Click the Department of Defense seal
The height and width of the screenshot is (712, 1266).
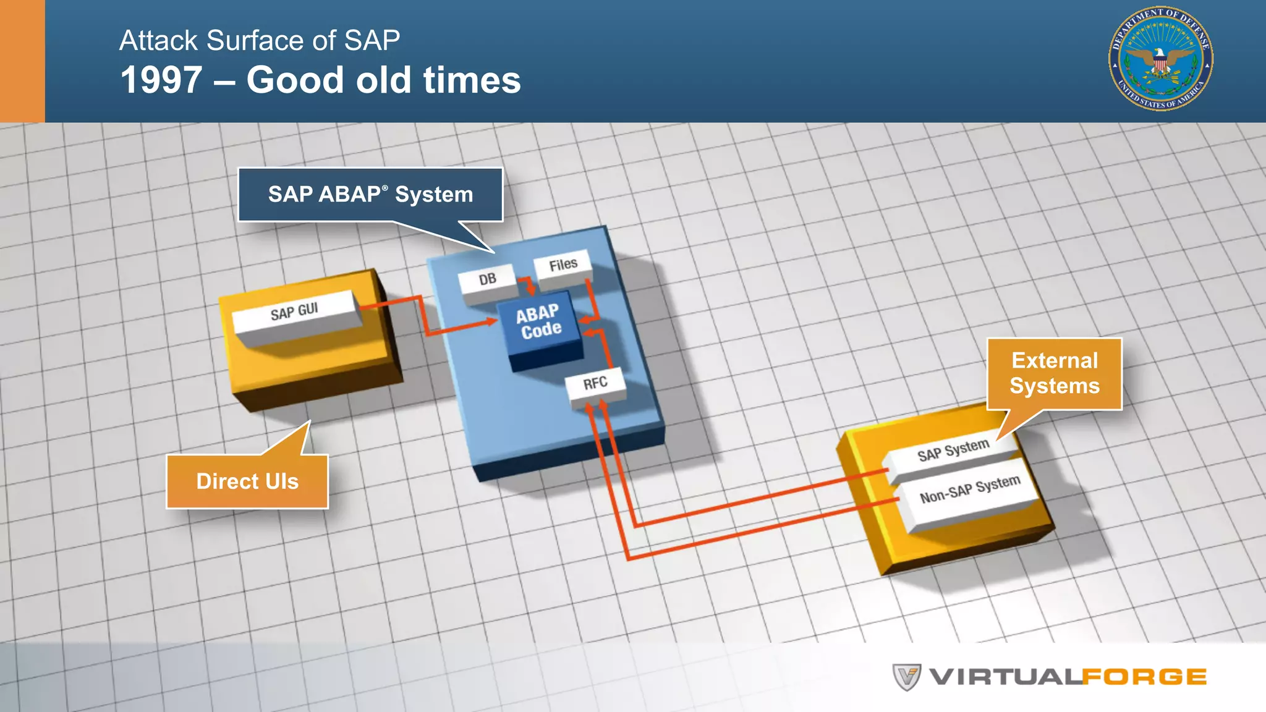(1160, 59)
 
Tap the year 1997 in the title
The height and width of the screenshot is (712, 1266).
(161, 80)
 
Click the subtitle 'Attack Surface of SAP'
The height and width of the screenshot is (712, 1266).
(260, 41)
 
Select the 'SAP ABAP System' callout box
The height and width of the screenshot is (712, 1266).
(370, 195)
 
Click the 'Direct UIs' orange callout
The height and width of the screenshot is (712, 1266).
(247, 481)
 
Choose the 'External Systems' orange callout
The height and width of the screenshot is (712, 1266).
(1055, 373)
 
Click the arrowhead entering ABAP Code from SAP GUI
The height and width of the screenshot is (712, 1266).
(491, 321)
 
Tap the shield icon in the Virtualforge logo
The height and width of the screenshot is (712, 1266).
(907, 677)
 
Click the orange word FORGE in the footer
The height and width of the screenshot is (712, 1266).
(1144, 677)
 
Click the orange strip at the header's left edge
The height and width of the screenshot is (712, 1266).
(22, 61)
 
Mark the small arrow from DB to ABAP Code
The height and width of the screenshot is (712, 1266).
(529, 287)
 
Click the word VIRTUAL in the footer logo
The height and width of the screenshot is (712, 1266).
(1005, 677)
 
